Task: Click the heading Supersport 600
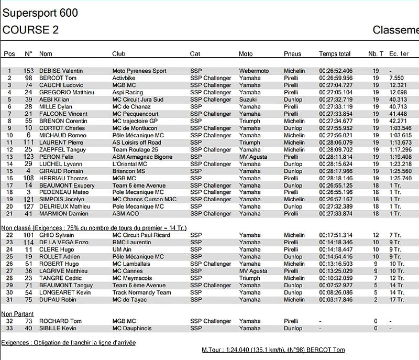click(x=40, y=13)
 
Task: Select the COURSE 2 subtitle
click(x=30, y=30)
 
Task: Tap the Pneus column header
click(x=292, y=54)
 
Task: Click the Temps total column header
click(x=335, y=54)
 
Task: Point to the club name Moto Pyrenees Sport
click(x=139, y=71)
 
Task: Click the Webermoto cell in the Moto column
click(x=253, y=71)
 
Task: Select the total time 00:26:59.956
click(x=336, y=78)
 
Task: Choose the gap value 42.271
click(x=398, y=121)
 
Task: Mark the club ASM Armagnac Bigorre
click(x=143, y=157)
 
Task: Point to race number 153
click(x=28, y=71)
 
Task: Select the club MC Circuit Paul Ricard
click(x=141, y=235)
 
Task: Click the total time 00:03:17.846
click(x=336, y=300)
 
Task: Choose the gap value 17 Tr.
click(x=396, y=300)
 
